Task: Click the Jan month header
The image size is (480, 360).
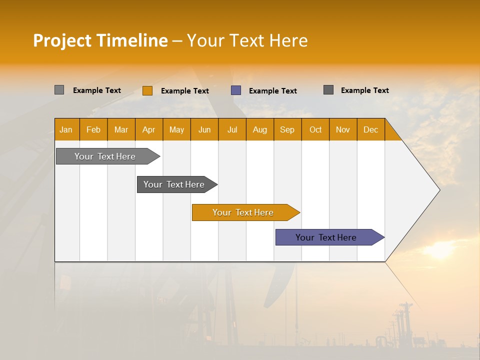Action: [66, 129]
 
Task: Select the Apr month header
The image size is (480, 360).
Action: [149, 129]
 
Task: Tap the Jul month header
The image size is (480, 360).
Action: [232, 129]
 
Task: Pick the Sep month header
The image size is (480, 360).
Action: [287, 129]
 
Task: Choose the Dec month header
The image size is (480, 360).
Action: [370, 129]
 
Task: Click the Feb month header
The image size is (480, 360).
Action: [93, 129]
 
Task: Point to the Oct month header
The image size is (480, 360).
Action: [315, 129]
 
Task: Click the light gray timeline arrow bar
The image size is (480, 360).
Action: [105, 156]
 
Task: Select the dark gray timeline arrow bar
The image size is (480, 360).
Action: [174, 184]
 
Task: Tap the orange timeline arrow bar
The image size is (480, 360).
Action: [243, 212]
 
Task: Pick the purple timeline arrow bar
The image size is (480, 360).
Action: [326, 237]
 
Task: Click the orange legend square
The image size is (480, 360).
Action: [147, 90]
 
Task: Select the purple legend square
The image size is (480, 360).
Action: [236, 90]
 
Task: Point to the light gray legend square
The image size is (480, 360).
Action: [59, 90]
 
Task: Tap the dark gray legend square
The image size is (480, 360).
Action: [328, 90]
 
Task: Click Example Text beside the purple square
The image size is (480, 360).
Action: [272, 91]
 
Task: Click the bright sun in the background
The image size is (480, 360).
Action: [440, 249]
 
